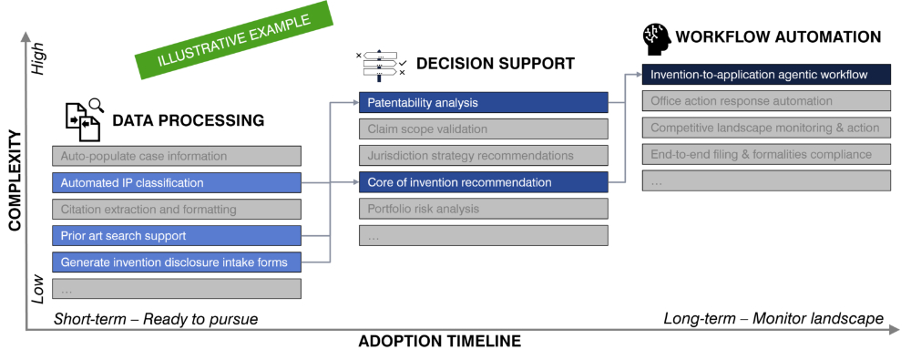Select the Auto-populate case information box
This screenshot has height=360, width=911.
tap(177, 156)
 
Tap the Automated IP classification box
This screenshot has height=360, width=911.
tap(177, 182)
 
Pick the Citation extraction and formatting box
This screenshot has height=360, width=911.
tap(177, 210)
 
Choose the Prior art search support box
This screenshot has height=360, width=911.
tap(177, 236)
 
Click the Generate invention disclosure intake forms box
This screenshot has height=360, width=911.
tap(177, 262)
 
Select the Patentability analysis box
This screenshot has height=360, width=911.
tap(484, 102)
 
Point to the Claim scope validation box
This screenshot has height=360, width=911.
tap(484, 129)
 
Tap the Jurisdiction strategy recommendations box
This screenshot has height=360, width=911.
tap(484, 156)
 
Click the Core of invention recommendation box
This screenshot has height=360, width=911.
tap(484, 182)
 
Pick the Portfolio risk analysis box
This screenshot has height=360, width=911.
tap(484, 209)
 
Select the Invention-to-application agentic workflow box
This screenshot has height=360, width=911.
tap(766, 75)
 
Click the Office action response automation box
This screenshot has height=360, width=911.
tap(766, 101)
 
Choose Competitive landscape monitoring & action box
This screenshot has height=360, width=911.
tap(766, 128)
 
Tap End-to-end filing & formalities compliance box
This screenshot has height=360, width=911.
tap(766, 154)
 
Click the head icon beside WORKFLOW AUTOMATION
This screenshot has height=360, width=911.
tap(656, 39)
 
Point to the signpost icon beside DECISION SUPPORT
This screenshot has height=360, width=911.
tap(381, 65)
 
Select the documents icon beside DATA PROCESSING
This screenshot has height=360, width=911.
tap(84, 119)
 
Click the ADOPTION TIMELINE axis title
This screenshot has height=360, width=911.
tap(440, 342)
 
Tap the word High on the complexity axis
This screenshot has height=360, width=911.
tap(38, 60)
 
